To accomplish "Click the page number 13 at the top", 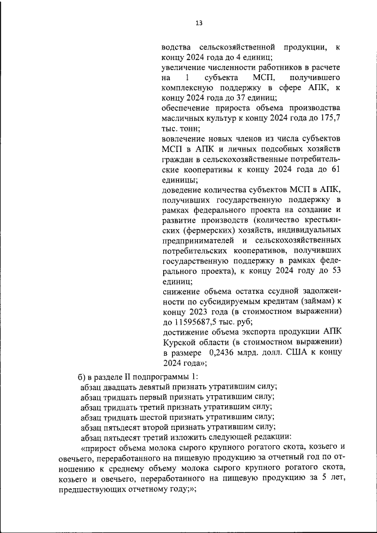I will coord(199,23).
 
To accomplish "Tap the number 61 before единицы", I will coord(335,170).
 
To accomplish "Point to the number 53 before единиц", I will coord(335,270).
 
